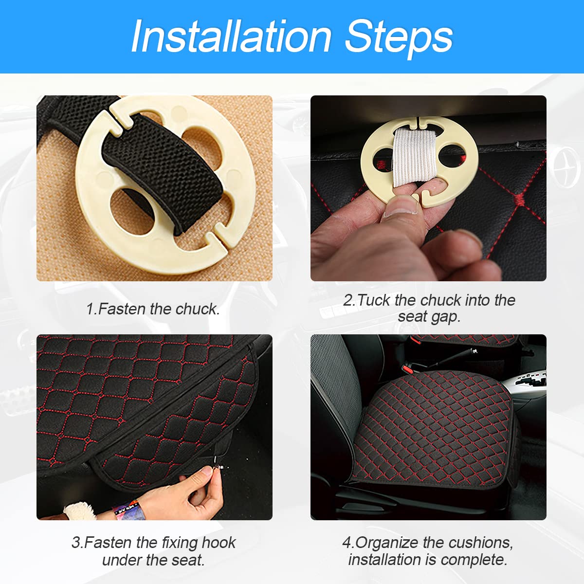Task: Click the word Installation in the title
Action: coord(231,36)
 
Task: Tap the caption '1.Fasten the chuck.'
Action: coord(153,309)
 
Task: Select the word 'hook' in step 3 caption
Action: coord(219,543)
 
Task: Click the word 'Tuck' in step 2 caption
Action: coord(375,300)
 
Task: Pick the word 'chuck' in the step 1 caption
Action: coord(197,309)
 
